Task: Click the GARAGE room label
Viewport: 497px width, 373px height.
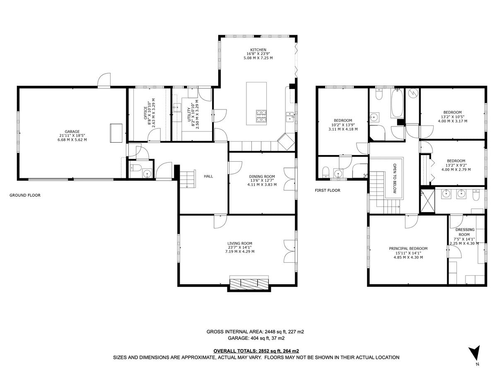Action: (72, 131)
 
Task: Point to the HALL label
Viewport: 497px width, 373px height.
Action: (208, 176)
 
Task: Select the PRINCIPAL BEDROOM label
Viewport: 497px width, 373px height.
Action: (408, 249)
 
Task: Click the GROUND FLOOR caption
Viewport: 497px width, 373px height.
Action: (25, 195)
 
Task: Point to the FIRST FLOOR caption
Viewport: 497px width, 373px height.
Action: (327, 191)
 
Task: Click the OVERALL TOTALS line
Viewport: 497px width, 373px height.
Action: (256, 351)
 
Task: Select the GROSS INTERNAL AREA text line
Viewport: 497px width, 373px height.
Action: (256, 332)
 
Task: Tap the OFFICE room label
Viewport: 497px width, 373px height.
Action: (145, 113)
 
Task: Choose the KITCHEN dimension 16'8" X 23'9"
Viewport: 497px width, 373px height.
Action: (258, 54)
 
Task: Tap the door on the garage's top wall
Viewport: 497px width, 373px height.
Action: (104, 81)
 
